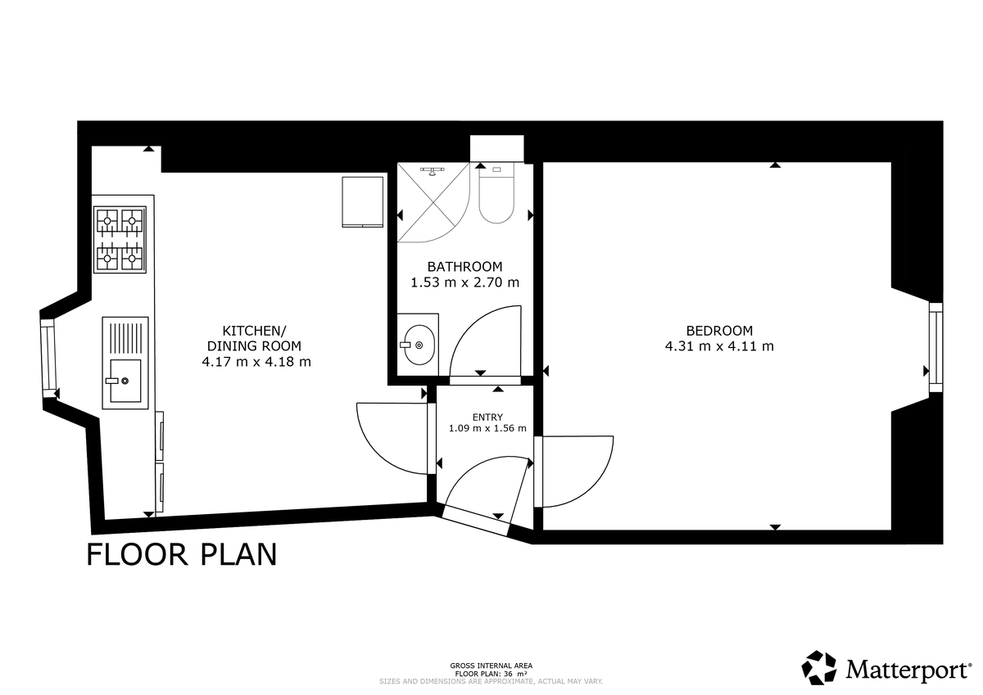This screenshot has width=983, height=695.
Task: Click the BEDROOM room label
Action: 718,331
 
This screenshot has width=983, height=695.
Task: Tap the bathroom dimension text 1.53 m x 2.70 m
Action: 464,282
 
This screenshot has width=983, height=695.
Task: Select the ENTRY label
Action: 487,417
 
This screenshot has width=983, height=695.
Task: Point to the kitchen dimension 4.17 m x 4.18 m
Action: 256,361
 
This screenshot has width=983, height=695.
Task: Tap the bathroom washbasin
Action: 418,345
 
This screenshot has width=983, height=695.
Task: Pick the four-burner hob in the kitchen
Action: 120,239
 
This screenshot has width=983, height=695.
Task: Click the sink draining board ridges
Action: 125,336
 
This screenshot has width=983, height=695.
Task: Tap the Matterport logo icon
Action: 819,667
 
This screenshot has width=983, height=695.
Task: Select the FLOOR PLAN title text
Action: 182,554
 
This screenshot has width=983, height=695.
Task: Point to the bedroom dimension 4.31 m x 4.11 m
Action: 718,346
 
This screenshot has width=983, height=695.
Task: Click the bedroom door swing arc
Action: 578,472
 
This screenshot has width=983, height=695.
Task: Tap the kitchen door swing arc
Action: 391,438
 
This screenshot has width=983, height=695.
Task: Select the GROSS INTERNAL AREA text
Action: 491,666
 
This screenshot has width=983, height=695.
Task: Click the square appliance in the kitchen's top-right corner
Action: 361,200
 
